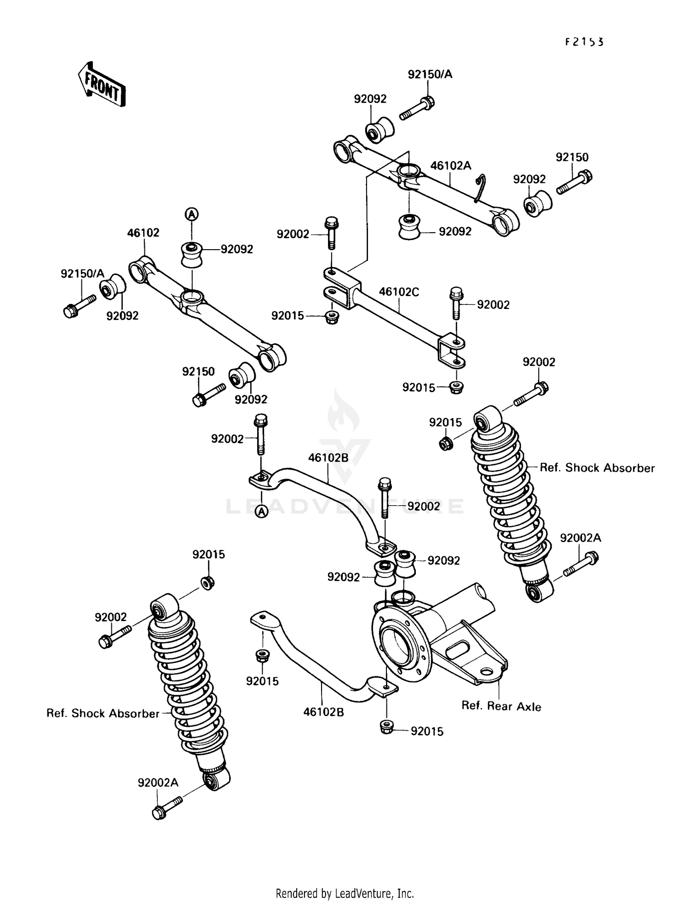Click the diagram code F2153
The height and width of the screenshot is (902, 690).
[x=584, y=42]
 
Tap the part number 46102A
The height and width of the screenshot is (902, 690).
[x=450, y=166]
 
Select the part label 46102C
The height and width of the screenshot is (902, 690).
[x=399, y=292]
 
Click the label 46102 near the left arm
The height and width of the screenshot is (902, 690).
[x=143, y=233]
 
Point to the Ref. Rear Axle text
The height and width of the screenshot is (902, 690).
[x=501, y=706]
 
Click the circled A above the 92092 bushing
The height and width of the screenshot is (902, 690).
[x=191, y=214]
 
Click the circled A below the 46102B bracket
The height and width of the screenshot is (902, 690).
[x=261, y=511]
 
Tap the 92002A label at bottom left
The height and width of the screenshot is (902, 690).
[x=158, y=782]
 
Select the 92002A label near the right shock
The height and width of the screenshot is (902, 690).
[x=580, y=538]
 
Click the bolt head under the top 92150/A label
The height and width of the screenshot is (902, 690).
[x=427, y=102]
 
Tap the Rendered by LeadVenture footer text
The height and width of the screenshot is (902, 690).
[x=345, y=893]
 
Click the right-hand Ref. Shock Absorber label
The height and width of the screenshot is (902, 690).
[x=597, y=468]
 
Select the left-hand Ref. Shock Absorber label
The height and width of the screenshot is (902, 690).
[x=103, y=714]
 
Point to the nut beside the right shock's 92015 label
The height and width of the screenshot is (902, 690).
[x=445, y=444]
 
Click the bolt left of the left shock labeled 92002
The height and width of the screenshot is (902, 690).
[x=114, y=635]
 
